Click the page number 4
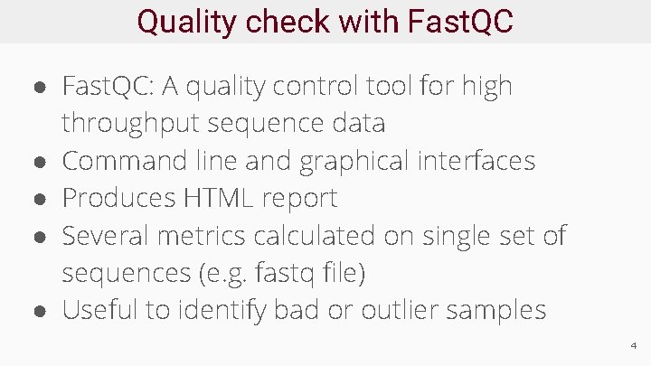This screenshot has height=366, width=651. point(633,345)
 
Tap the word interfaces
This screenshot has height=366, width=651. point(476,161)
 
